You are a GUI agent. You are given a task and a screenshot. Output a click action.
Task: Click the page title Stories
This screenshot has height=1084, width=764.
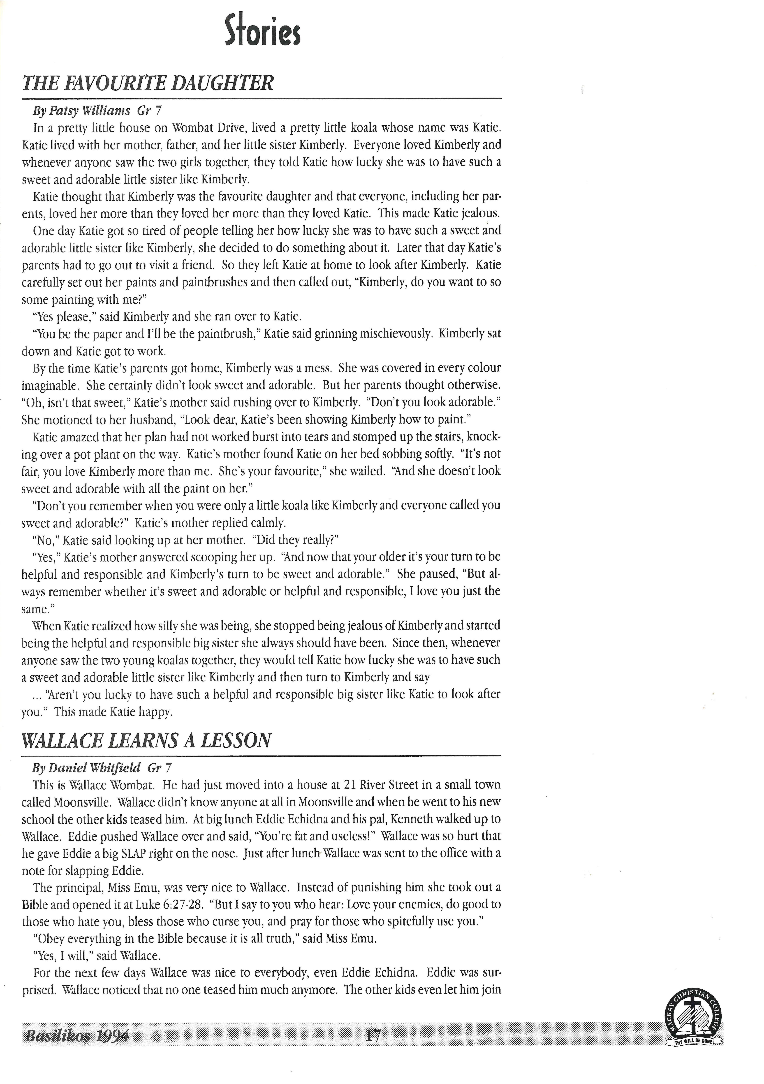coord(263,31)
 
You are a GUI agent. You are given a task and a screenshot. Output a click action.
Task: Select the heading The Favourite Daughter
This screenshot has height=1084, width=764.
coord(148,84)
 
